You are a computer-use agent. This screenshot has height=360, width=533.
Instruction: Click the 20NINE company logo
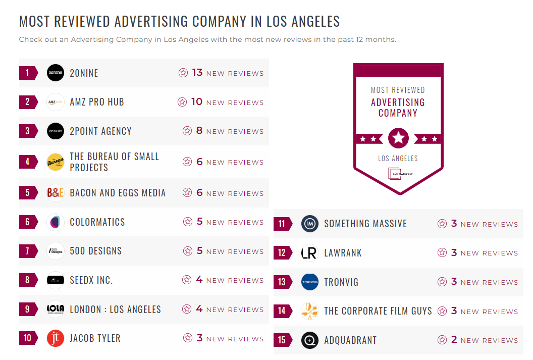tap(56, 73)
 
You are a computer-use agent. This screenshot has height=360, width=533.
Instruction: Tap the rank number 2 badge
tap(28, 102)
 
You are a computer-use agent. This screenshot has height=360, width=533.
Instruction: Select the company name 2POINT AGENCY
tap(100, 131)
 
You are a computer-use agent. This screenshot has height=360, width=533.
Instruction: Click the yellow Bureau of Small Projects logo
tap(56, 162)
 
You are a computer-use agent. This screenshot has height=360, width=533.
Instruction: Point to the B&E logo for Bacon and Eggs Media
tap(56, 193)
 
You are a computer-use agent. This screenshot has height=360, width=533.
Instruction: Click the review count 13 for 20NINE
tap(197, 73)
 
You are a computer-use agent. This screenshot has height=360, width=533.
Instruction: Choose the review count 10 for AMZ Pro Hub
tap(196, 102)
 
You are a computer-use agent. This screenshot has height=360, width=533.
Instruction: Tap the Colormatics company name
tap(97, 222)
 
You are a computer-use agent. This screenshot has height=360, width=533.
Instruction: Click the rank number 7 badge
tap(28, 251)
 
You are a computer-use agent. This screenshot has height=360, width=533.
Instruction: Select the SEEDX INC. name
tap(91, 280)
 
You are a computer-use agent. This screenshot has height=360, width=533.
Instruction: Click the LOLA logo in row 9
tap(56, 309)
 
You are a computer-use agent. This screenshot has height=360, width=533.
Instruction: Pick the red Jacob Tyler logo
tap(56, 338)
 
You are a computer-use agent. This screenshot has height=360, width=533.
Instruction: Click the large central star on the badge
tap(398, 138)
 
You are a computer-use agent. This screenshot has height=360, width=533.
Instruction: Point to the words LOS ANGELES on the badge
tap(398, 159)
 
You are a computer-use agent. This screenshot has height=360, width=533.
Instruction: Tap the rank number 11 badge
tap(282, 224)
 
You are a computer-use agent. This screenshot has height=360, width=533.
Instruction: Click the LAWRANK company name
tap(343, 253)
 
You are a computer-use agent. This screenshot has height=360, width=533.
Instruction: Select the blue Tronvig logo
tap(310, 282)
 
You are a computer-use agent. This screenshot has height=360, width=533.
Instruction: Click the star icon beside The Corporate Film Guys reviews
tap(442, 311)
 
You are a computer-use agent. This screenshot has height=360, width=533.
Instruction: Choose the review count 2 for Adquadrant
tap(454, 340)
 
